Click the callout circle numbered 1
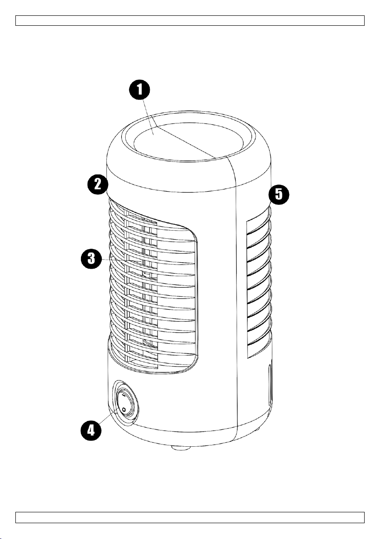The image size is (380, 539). [139, 90]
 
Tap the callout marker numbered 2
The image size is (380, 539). [98, 184]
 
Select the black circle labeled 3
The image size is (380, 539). [91, 259]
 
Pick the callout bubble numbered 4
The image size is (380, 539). [91, 430]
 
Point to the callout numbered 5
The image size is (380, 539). [279, 194]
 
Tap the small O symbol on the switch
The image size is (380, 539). [124, 409]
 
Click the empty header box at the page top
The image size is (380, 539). [190, 20]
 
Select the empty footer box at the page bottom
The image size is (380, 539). [190, 517]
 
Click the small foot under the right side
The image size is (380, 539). [258, 430]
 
